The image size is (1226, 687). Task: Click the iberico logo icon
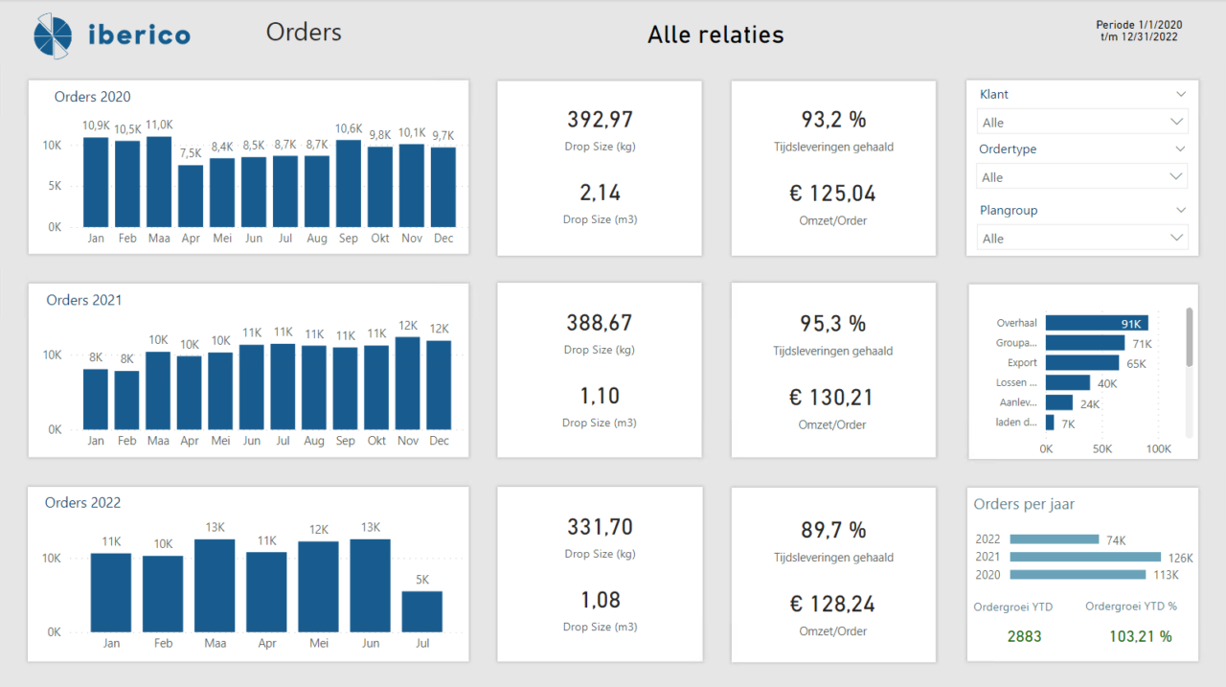[52, 35]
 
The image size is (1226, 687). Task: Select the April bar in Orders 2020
[191, 195]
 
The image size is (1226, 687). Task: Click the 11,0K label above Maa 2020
[159, 125]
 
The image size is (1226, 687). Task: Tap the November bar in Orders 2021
[407, 383]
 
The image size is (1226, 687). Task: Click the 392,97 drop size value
[600, 119]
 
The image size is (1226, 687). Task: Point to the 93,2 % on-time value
[833, 119]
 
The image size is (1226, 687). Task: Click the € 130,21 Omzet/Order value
[833, 396]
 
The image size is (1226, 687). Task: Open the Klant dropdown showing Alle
[1081, 122]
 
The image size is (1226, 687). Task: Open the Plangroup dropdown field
[1081, 238]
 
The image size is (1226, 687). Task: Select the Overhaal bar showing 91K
[1096, 323]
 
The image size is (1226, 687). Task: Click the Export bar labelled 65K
[1081, 363]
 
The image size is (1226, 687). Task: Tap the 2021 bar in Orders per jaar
[1084, 557]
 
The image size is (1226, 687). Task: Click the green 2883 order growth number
[1024, 636]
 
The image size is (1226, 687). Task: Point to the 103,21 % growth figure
[1140, 636]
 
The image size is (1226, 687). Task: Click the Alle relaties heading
[715, 35]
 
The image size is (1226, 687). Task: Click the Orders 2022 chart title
[82, 502]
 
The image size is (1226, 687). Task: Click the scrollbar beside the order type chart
[1190, 337]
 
